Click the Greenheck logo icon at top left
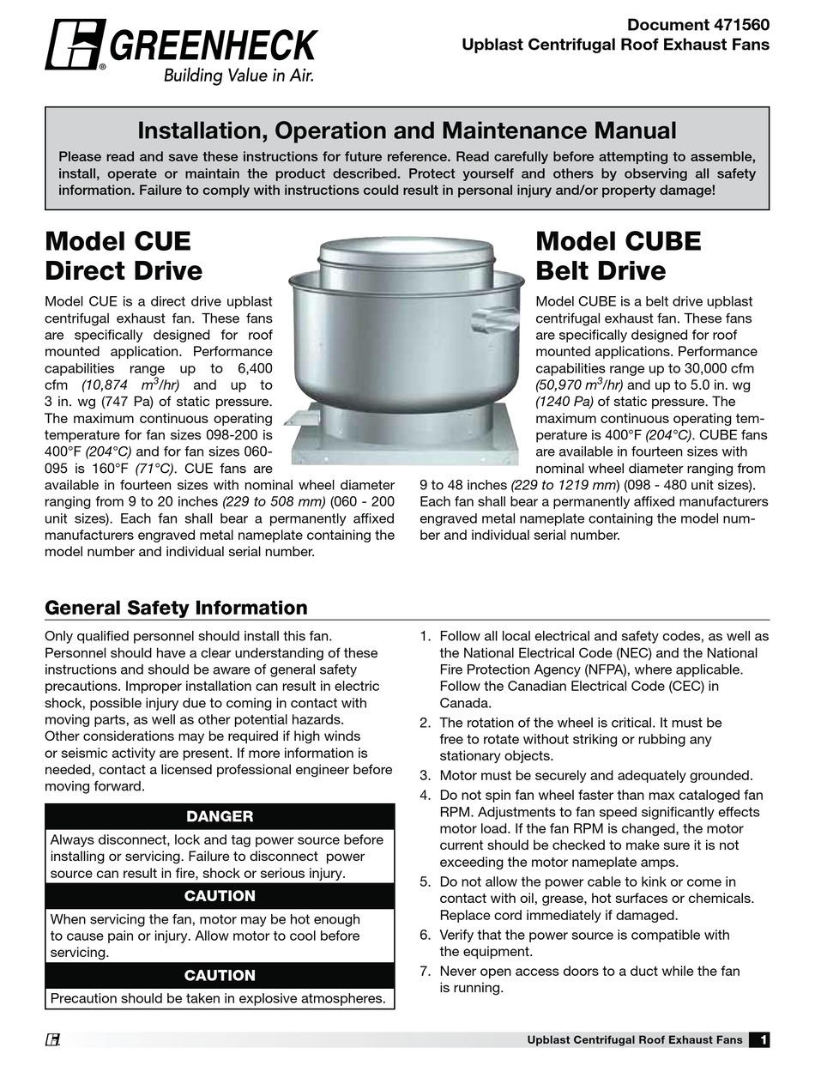pos(75,44)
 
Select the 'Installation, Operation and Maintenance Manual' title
pos(407,130)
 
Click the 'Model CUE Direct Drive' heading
pos(124,256)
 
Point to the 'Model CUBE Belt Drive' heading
pos(618,256)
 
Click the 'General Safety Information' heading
pos(176,608)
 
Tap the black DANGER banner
pos(220,816)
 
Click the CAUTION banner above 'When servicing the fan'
pos(220,895)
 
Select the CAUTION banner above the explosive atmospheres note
pos(220,975)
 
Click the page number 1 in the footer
pos(760,1040)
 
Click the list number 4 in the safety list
pos(425,795)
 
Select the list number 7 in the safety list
pos(425,971)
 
